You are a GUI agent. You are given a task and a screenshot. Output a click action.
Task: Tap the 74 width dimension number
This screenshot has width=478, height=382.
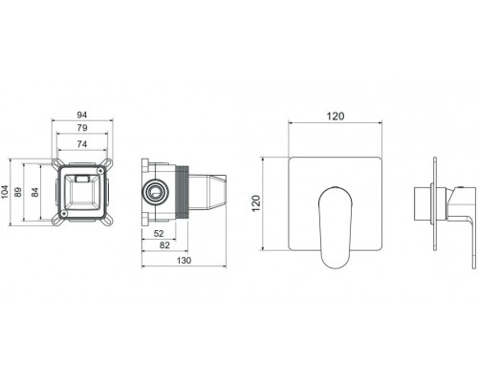click(x=85, y=146)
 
